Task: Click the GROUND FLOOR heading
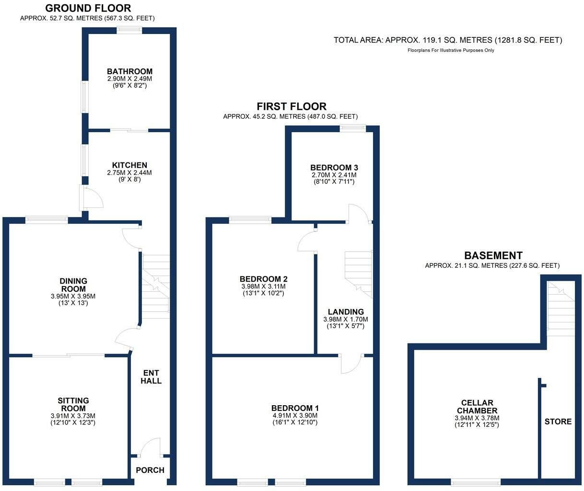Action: pos(88,8)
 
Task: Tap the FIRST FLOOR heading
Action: pos(292,106)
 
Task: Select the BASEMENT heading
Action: pos(493,256)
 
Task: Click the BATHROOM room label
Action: pos(129,72)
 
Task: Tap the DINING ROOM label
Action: pos(73,285)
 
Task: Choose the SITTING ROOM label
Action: pos(73,405)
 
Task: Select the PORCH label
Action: pos(150,470)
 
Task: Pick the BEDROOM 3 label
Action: pos(334,168)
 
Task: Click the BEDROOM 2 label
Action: pos(264,279)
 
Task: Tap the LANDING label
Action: pos(346,312)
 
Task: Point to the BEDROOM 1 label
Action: pos(295,408)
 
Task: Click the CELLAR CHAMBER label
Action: pos(477,407)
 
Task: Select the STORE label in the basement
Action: pos(558,422)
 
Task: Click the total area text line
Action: pos(448,40)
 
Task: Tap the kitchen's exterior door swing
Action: pos(93,196)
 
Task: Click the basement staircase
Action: pos(561,307)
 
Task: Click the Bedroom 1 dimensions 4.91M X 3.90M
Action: pos(295,416)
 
